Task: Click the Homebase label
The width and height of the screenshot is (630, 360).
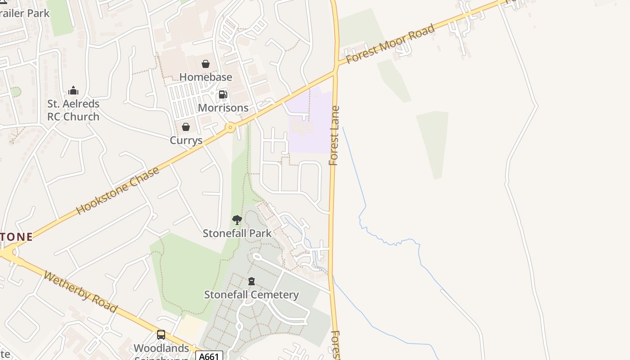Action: click(x=206, y=77)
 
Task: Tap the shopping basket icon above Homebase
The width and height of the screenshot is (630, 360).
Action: click(x=206, y=64)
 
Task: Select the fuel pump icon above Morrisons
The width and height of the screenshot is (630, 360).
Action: click(x=223, y=94)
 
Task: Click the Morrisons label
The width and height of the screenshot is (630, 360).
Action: click(x=223, y=108)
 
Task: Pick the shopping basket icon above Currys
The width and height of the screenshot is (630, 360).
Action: click(x=186, y=127)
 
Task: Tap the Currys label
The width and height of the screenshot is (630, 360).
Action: click(x=186, y=140)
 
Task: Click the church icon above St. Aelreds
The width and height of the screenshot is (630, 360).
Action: click(x=73, y=91)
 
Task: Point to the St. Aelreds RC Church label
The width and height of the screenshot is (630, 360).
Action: click(x=73, y=110)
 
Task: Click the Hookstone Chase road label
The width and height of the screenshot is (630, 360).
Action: click(x=118, y=190)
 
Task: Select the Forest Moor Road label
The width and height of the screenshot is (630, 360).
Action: click(x=390, y=44)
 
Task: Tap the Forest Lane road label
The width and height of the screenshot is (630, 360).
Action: click(x=334, y=135)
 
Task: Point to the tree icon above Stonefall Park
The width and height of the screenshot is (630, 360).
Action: click(x=237, y=220)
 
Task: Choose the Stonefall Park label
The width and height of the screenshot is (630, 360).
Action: click(x=237, y=233)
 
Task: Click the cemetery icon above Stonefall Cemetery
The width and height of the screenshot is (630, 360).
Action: click(x=252, y=282)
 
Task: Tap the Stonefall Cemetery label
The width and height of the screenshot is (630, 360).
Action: click(x=252, y=295)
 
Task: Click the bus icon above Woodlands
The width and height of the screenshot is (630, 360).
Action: click(x=161, y=335)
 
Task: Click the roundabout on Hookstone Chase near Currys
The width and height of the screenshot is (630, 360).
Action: click(x=230, y=127)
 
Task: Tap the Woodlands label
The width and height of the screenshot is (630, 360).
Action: click(x=162, y=348)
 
